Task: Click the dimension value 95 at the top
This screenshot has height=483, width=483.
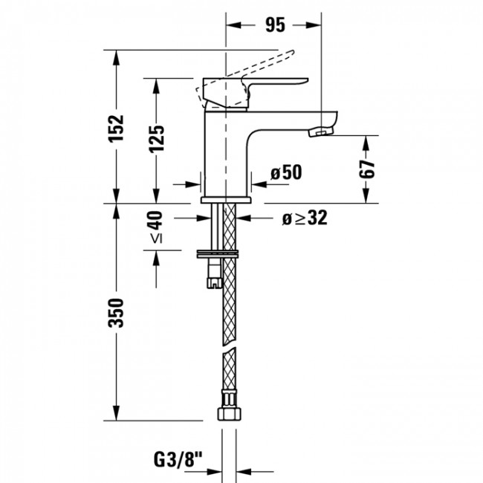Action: click(x=275, y=25)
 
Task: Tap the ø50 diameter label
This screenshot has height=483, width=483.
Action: click(x=285, y=173)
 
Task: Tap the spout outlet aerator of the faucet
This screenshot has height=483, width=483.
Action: click(x=319, y=132)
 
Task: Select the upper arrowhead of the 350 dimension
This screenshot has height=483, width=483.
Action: click(x=115, y=209)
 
